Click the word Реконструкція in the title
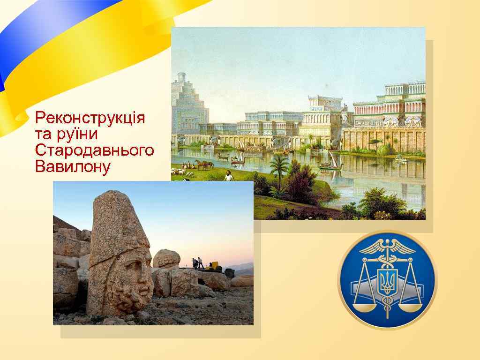coord(90,118)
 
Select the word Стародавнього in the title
coord(94,150)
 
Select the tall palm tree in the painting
coord(279,169)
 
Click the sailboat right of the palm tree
coord(330,162)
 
